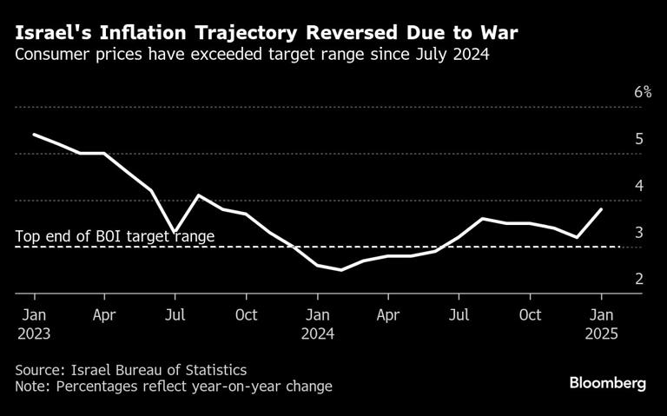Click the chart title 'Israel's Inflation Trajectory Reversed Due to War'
pyautogui.click(x=267, y=34)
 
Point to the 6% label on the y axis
pyautogui.click(x=642, y=92)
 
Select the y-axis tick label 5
pyautogui.click(x=639, y=139)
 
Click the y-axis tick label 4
pyautogui.click(x=639, y=186)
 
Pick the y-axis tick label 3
pyautogui.click(x=639, y=233)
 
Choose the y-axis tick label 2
pyautogui.click(x=639, y=280)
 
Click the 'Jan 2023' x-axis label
pyautogui.click(x=34, y=323)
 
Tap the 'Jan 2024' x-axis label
pyautogui.click(x=318, y=323)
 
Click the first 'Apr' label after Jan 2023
pyautogui.click(x=104, y=314)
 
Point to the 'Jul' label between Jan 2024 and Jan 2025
pyautogui.click(x=459, y=314)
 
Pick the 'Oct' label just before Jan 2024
pyautogui.click(x=247, y=314)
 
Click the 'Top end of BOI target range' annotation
pyautogui.click(x=115, y=235)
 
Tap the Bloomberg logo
pyautogui.click(x=607, y=384)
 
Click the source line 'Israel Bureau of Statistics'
pyautogui.click(x=130, y=369)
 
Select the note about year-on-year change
pyautogui.click(x=173, y=386)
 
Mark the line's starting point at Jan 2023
pyautogui.click(x=34, y=135)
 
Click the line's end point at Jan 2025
pyautogui.click(x=601, y=209)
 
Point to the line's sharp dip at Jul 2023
pyautogui.click(x=175, y=232)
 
